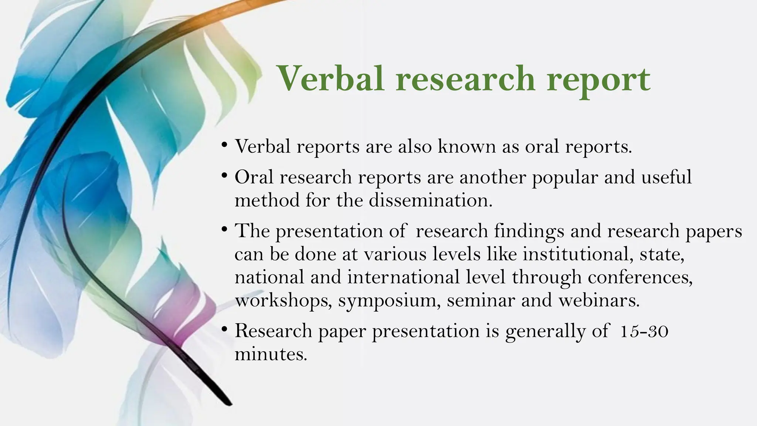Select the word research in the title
(465, 79)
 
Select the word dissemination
(431, 200)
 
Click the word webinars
(599, 300)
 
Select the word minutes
(271, 354)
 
